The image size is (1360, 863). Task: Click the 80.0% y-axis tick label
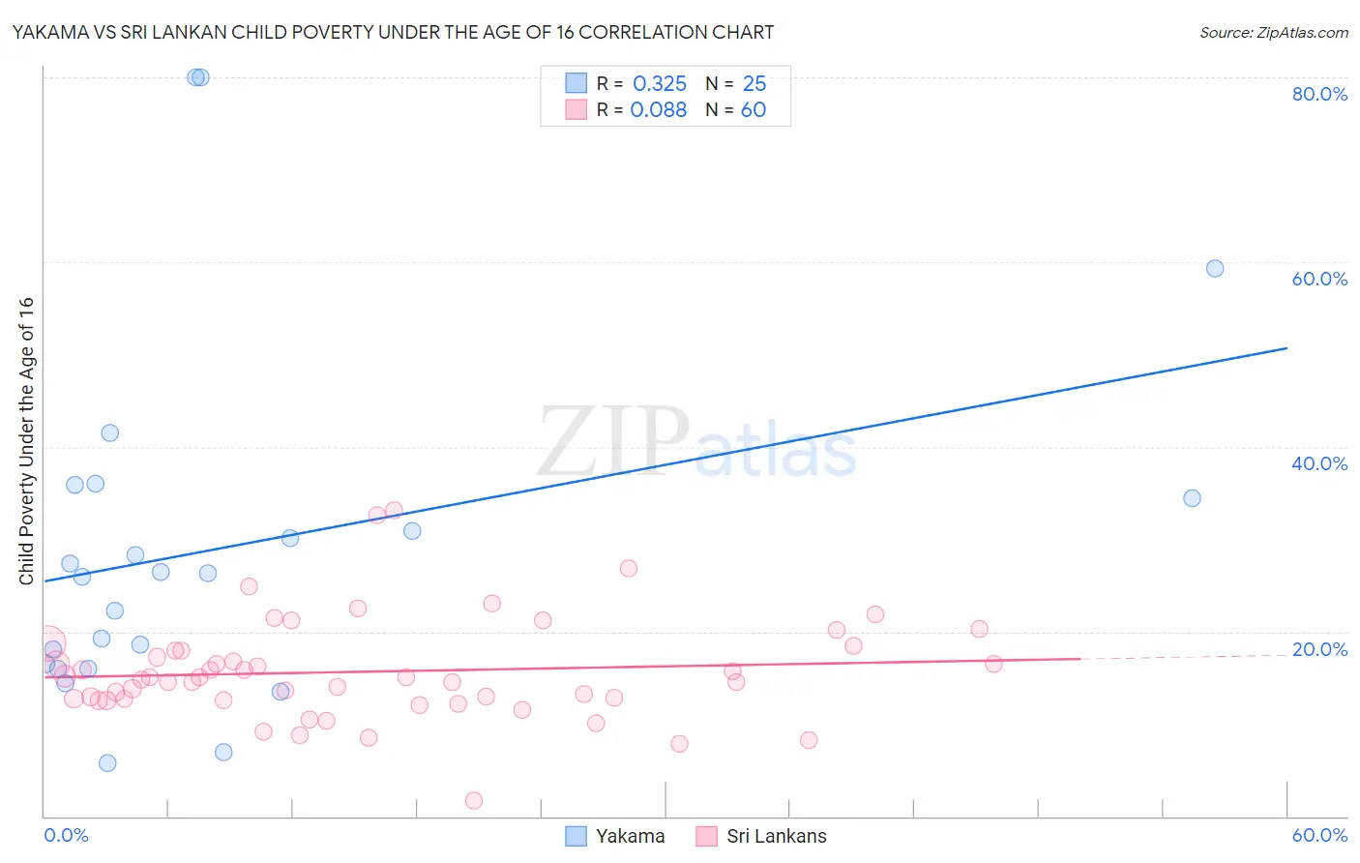[x=1319, y=94]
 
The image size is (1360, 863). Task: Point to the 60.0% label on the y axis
[x=1319, y=279]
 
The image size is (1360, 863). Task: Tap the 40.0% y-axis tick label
[x=1319, y=463]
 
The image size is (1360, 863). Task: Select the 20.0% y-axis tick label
[x=1319, y=649]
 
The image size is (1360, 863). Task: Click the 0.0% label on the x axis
[x=66, y=835]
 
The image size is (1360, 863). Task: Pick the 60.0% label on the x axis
[x=1319, y=835]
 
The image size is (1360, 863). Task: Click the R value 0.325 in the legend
[x=660, y=84]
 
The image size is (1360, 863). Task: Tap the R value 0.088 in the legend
[x=659, y=110]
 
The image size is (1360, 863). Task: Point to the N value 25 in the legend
[x=754, y=84]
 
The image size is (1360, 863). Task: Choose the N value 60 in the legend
[x=754, y=110]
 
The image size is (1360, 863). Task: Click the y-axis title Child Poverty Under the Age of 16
[x=27, y=440]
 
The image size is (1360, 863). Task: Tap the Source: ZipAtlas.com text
[x=1273, y=33]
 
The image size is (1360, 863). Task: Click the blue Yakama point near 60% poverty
[x=1215, y=269]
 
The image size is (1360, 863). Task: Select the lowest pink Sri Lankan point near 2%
[x=474, y=800]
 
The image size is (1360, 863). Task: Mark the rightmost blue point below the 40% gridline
[x=1192, y=498]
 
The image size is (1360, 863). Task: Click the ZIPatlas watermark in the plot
[x=696, y=442]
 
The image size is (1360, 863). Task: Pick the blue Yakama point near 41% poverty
[x=110, y=433]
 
